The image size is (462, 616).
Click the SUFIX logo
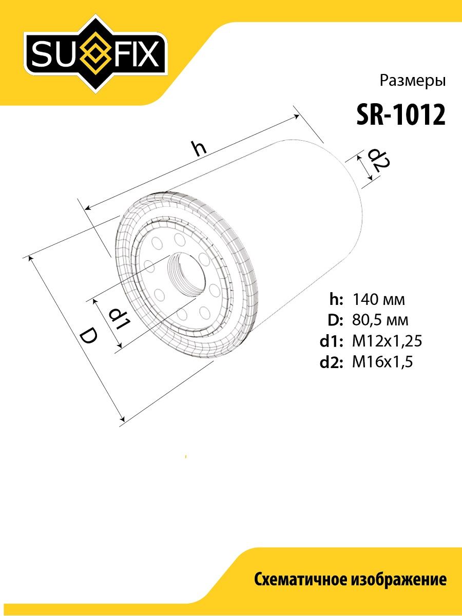(96, 53)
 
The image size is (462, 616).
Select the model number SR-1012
(401, 115)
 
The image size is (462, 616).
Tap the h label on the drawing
(200, 148)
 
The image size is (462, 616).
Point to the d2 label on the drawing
(379, 162)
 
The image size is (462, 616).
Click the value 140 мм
(378, 300)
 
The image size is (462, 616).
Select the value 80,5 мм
(380, 320)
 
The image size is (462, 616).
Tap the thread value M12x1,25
(387, 341)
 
